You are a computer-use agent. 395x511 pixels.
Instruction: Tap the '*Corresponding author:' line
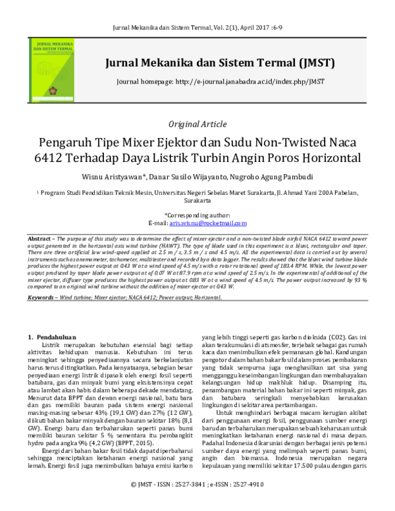coord(197,215)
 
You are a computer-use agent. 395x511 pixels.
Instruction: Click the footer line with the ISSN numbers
coord(197,500)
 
